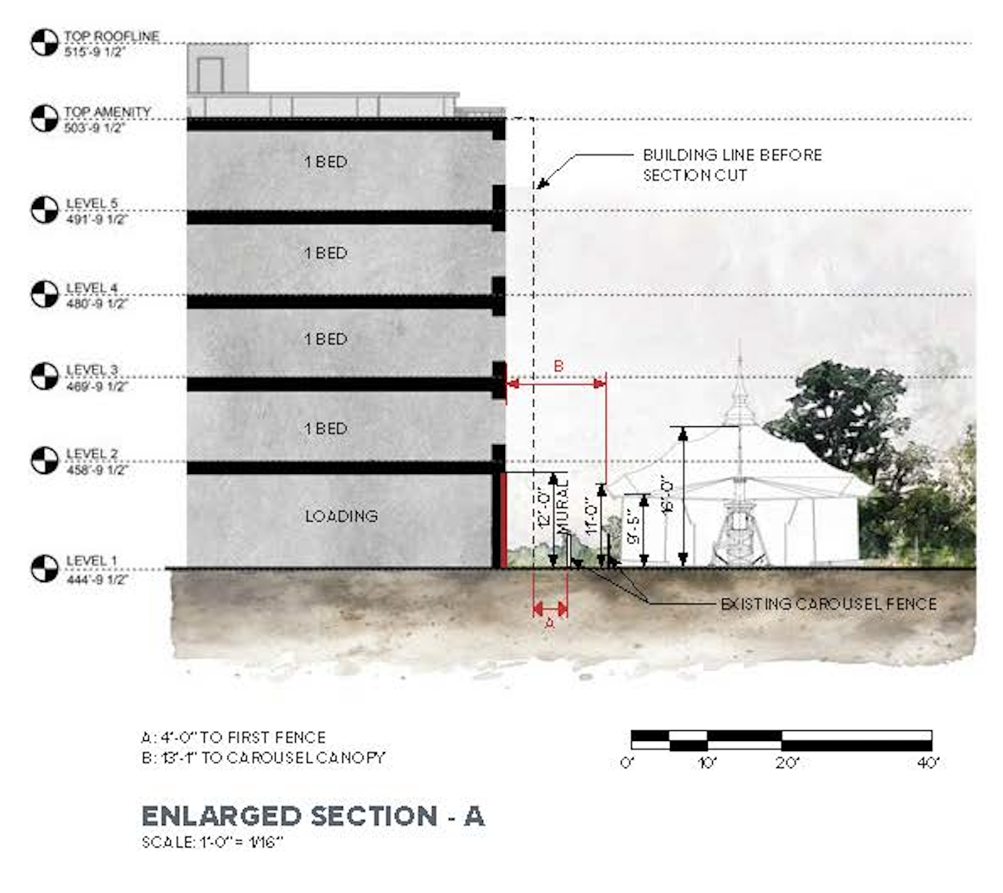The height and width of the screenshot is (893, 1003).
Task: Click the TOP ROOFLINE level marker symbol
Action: (44, 43)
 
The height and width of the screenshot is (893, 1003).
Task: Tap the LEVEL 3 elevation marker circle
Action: (44, 376)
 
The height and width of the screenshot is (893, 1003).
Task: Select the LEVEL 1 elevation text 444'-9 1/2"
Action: (96, 579)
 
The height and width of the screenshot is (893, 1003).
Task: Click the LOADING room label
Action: (341, 516)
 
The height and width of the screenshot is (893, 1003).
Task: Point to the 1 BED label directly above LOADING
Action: (326, 428)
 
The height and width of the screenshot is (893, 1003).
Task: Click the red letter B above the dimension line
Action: (558, 366)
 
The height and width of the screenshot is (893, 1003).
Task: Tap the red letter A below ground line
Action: (549, 622)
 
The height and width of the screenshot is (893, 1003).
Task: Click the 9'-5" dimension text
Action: (634, 528)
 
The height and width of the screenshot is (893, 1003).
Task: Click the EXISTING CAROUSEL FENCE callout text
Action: (829, 604)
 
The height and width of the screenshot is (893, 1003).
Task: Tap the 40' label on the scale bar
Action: (928, 763)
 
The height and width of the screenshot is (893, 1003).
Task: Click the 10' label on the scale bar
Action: (706, 763)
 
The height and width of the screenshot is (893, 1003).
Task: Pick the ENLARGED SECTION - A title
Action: (313, 816)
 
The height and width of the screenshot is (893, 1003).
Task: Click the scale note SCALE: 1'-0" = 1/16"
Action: (211, 842)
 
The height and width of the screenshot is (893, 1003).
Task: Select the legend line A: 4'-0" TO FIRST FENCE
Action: (233, 737)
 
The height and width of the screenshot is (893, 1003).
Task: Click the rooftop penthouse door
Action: (210, 75)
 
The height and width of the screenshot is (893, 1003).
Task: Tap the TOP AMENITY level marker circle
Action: (44, 119)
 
